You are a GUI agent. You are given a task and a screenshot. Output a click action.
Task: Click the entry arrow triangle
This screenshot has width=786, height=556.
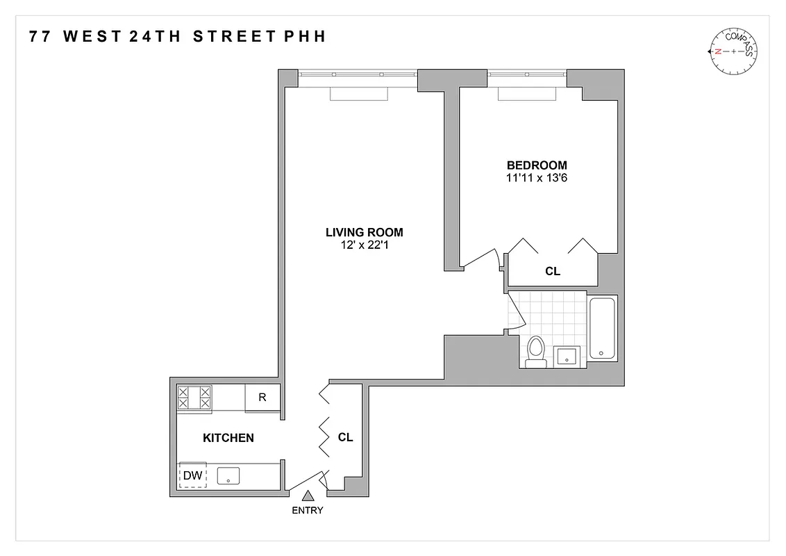click(x=308, y=495)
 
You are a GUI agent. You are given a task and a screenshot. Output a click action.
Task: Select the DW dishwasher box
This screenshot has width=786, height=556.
click(x=192, y=475)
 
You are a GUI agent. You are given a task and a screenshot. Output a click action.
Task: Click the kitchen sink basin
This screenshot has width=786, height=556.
click(x=228, y=476)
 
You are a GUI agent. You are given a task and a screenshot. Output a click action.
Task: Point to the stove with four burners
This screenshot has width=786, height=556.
click(x=194, y=398)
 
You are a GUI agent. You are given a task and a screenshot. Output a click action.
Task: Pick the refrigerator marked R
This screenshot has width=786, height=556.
click(x=262, y=398)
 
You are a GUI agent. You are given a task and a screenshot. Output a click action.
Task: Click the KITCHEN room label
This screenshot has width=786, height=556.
click(x=228, y=438)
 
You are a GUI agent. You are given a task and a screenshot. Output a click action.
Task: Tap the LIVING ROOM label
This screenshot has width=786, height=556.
click(x=364, y=232)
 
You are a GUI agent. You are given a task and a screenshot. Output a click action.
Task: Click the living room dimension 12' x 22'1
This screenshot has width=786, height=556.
click(x=364, y=245)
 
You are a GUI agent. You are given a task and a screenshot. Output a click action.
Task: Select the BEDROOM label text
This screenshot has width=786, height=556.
click(x=537, y=165)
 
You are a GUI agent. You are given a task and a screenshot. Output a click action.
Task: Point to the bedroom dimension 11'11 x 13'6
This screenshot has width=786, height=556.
click(x=537, y=178)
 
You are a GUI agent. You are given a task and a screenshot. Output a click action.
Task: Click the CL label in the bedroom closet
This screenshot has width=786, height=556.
click(x=553, y=272)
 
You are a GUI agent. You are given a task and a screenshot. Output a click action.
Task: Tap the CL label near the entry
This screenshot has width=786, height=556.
click(x=345, y=438)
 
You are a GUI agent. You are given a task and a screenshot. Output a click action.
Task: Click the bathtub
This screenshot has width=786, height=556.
click(x=602, y=328)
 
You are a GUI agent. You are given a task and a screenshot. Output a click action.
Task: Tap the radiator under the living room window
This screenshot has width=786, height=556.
click(x=357, y=95)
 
